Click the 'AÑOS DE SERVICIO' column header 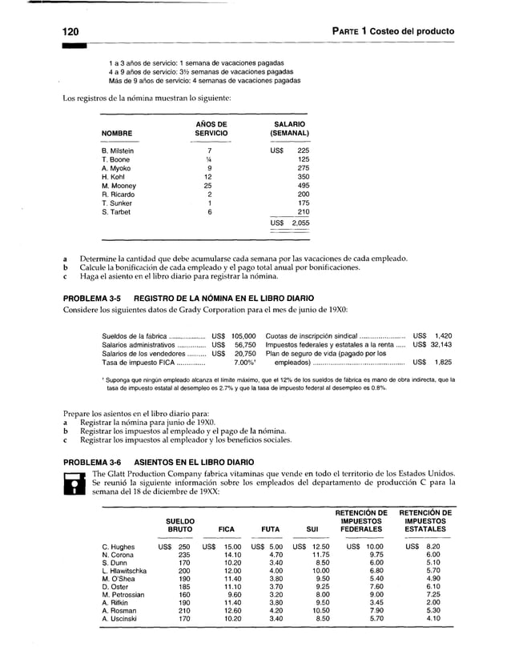tap(208, 128)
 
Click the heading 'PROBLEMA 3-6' tap(91, 462)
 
